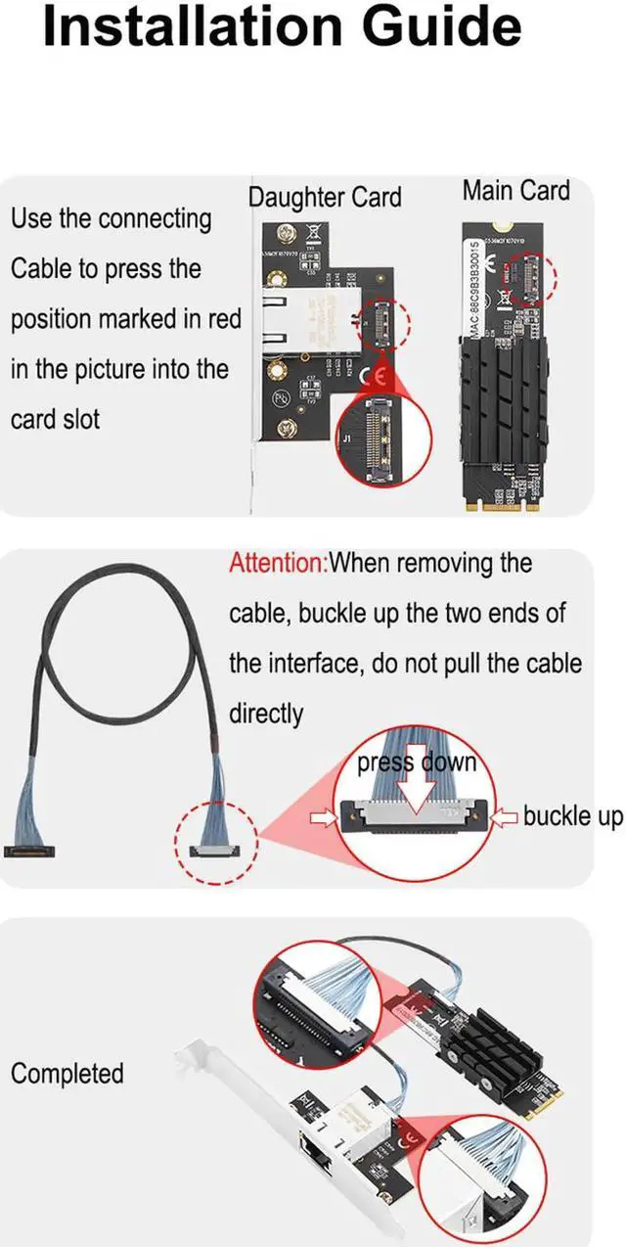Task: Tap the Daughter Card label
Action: pos(324,197)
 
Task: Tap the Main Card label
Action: pos(515,190)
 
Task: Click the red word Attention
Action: pos(277,563)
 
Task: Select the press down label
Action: pos(416,762)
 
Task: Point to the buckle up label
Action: pos(572,815)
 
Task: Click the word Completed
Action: pos(67,1073)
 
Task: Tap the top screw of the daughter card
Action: pos(287,235)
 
